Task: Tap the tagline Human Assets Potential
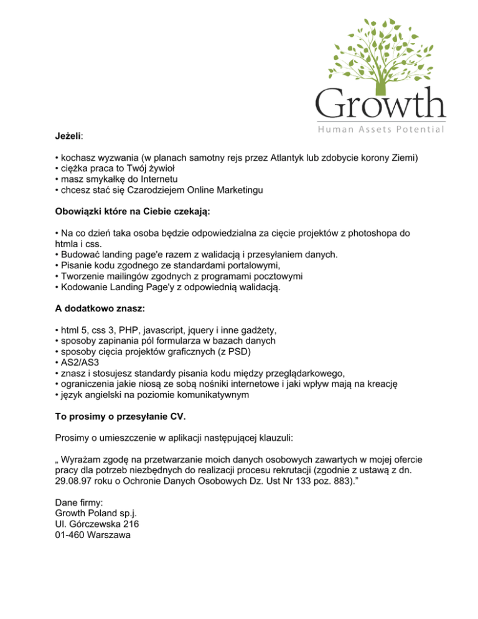click(x=380, y=130)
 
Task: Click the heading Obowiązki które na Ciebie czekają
click(x=133, y=212)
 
